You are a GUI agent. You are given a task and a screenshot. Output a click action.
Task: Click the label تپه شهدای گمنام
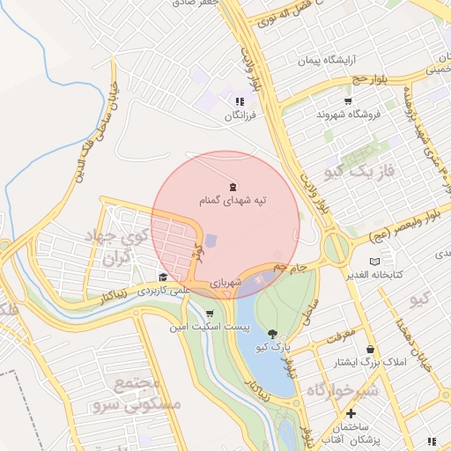(233, 202)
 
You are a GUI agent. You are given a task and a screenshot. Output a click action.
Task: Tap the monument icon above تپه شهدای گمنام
(233, 186)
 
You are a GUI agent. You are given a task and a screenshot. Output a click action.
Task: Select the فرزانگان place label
(239, 115)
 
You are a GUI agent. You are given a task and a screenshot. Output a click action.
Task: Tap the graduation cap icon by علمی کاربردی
(163, 277)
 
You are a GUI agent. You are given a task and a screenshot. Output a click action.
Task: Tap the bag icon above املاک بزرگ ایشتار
(369, 349)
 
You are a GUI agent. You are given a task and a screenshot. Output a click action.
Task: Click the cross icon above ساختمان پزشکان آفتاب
(351, 412)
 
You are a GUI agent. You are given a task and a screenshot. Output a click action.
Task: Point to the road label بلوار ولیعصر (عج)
(388, 232)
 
